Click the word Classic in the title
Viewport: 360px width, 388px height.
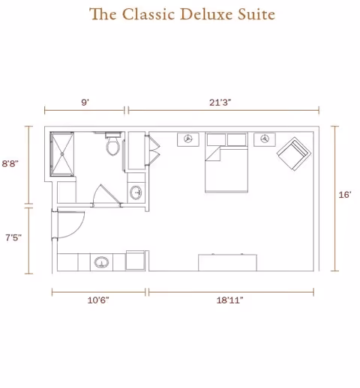143,14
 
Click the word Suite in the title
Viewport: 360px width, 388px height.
253,14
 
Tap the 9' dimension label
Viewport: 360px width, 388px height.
85,101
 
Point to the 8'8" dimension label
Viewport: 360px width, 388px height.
10,163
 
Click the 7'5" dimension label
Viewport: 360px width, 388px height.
12,237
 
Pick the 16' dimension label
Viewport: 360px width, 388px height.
345,195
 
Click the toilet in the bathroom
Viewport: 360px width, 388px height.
113,145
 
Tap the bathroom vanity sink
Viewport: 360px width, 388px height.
136,193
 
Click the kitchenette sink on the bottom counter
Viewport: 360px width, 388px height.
101,263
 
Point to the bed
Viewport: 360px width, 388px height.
226,169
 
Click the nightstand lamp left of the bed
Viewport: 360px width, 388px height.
188,139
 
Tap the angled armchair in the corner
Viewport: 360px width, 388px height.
293,154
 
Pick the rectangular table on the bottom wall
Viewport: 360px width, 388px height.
227,262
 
